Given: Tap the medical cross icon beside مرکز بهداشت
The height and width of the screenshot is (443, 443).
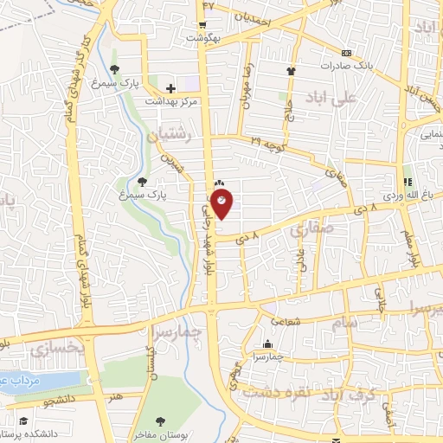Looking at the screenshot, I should tap(170, 88).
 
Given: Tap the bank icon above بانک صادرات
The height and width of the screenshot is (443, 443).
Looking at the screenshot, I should tap(347, 51).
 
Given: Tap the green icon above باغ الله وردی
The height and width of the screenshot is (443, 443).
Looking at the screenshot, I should tap(406, 181).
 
